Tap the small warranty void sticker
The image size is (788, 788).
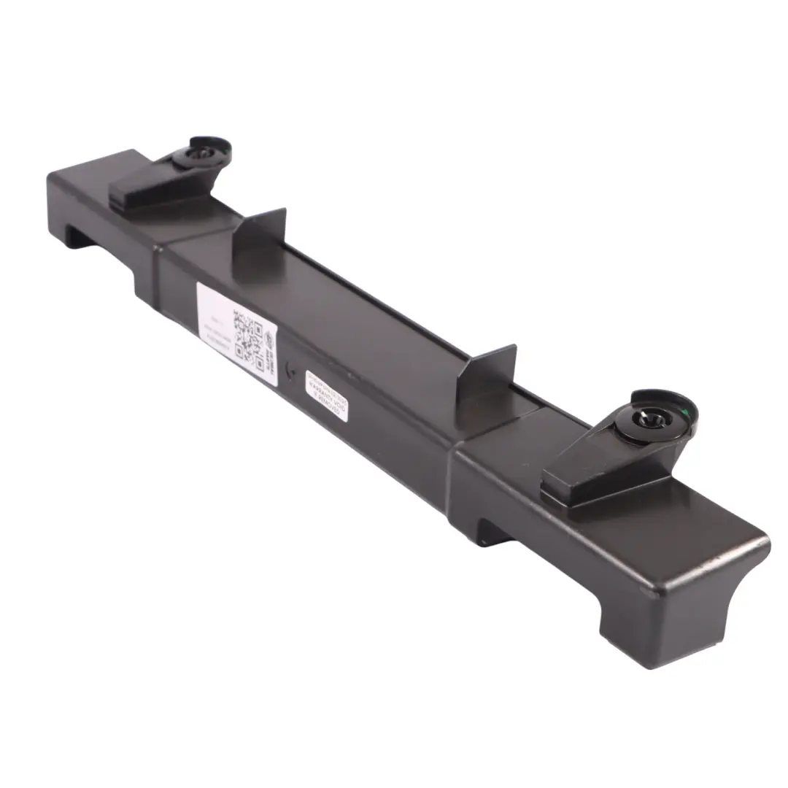point(326,395)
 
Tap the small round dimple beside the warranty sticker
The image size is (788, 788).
point(292,370)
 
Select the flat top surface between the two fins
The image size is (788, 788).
point(379,306)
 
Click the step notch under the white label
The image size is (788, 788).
point(146,281)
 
